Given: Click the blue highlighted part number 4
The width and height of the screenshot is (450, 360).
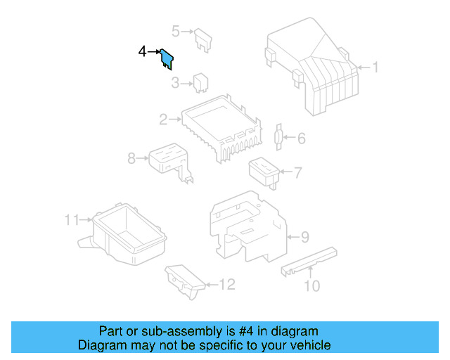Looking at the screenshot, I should [167, 58].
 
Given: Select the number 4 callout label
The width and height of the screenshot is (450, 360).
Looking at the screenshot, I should [143, 52].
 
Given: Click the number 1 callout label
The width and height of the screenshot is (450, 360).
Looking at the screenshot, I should [375, 67].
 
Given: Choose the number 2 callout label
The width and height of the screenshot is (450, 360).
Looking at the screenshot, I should [163, 120].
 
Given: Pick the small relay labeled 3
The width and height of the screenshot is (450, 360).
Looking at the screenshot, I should [200, 82].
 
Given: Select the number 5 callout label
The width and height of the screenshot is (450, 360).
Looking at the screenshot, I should [176, 30].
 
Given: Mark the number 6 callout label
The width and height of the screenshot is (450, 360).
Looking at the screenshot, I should [301, 139].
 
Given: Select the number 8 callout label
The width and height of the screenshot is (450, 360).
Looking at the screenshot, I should [131, 158].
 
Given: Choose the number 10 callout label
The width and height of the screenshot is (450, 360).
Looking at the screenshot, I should [311, 285].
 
